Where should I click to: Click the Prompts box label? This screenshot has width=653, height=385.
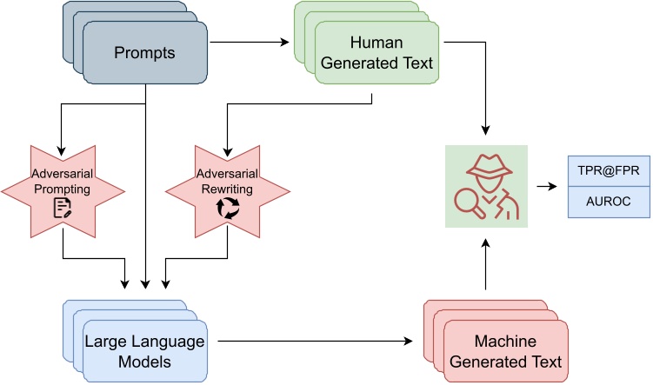pyautogui.click(x=144, y=53)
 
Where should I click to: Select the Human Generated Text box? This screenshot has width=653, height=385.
pyautogui.click(x=376, y=52)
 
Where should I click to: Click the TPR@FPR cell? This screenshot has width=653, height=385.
pyautogui.click(x=609, y=170)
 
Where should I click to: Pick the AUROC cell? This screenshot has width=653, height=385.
pyautogui.click(x=609, y=202)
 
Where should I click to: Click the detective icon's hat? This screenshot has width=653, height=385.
pyautogui.click(x=489, y=166)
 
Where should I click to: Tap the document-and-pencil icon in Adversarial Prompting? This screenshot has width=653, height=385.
pyautogui.click(x=63, y=208)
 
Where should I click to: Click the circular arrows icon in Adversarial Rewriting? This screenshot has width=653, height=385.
pyautogui.click(x=228, y=208)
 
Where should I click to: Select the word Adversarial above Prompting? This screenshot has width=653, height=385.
pyautogui.click(x=62, y=173)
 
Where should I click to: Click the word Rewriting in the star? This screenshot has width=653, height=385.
pyautogui.click(x=227, y=189)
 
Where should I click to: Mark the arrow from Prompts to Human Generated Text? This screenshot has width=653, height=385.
pyautogui.click(x=250, y=42)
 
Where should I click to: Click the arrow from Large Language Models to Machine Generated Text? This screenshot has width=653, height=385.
pyautogui.click(x=315, y=342)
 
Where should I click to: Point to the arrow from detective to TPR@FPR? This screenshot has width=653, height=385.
pyautogui.click(x=547, y=187)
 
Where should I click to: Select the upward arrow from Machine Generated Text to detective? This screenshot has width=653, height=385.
pyautogui.click(x=485, y=264)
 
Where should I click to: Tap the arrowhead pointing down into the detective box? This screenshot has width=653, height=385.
pyautogui.click(x=485, y=129)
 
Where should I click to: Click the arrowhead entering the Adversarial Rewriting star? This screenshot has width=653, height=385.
pyautogui.click(x=228, y=151)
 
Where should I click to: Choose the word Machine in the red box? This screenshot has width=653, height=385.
pyautogui.click(x=505, y=342)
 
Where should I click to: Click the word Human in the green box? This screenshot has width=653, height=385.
pyautogui.click(x=376, y=43)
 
